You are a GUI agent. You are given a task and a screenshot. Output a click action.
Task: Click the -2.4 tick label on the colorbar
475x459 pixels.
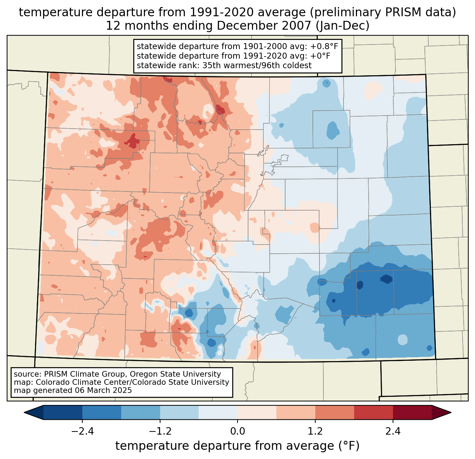82,431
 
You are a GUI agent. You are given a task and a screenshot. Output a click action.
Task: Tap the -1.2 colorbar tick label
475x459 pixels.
160,431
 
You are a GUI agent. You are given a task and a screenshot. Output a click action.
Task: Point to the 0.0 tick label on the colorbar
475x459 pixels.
237,431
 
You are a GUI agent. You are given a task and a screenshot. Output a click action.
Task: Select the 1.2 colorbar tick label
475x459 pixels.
315,431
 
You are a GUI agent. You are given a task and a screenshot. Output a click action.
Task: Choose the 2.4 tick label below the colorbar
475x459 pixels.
393,431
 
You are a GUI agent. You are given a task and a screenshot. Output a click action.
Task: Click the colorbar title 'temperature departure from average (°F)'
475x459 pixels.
237,446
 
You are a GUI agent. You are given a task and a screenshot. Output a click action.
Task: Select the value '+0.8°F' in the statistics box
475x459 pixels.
324,47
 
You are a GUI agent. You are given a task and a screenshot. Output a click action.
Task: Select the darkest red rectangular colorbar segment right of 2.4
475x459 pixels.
412,412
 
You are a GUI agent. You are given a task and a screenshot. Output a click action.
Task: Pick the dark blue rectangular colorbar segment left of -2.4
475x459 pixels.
63,412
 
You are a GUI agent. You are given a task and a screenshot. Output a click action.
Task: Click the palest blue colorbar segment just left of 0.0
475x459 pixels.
218,412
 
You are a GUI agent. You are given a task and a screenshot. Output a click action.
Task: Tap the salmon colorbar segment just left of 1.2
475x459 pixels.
296,412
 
